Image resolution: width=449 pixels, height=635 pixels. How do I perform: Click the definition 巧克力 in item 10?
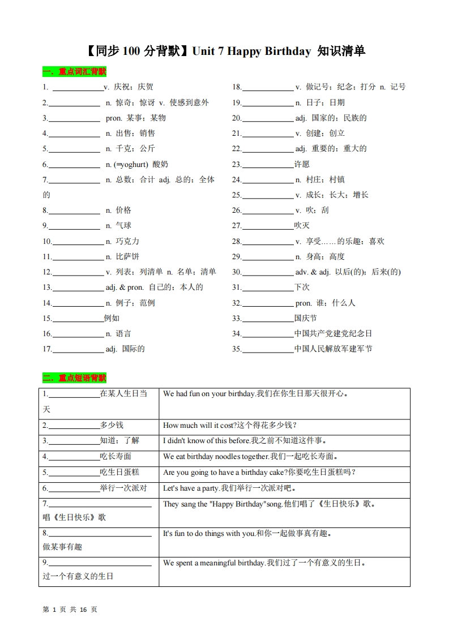click(x=127, y=241)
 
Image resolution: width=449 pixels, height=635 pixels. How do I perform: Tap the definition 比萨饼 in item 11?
click(x=127, y=256)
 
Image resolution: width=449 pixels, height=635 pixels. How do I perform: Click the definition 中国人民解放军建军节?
click(x=333, y=349)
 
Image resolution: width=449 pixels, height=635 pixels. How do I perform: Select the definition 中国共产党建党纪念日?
click(x=333, y=333)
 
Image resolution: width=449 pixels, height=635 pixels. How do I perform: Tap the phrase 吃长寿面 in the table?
click(x=116, y=456)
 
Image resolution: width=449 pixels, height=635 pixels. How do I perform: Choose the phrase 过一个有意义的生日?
click(x=78, y=576)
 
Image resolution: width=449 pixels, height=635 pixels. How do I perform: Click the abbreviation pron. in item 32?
click(x=304, y=303)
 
